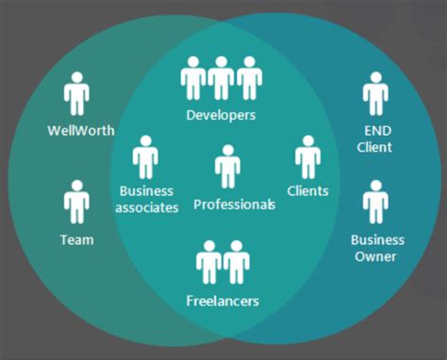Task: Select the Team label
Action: (x=76, y=239)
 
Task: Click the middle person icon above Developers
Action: (x=222, y=77)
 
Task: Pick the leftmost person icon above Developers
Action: (x=193, y=77)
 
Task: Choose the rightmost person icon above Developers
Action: (x=250, y=77)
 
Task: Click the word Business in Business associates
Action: (x=146, y=191)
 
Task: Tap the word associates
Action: (x=146, y=207)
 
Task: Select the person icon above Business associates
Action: (x=145, y=157)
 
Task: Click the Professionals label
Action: (x=235, y=204)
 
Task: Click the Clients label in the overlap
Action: (x=308, y=190)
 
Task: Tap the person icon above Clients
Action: (x=307, y=157)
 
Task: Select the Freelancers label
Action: (x=223, y=302)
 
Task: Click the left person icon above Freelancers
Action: (x=208, y=264)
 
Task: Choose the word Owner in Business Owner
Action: (x=375, y=256)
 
